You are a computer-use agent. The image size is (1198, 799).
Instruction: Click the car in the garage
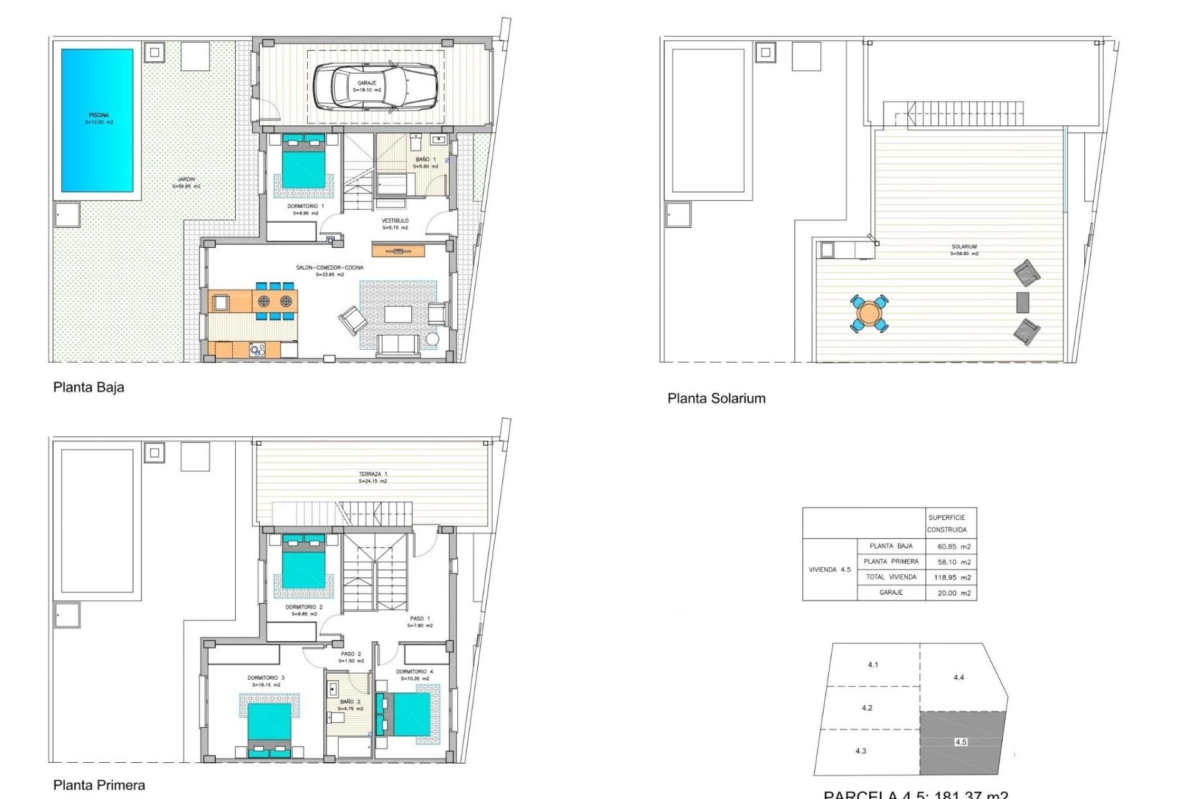(x=374, y=87)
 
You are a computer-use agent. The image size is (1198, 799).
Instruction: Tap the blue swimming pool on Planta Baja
(x=97, y=120)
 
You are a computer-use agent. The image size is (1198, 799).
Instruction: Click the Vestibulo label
(x=395, y=223)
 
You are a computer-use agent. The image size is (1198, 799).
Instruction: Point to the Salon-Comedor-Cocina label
(x=329, y=270)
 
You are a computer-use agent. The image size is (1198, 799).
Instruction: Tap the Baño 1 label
(x=426, y=162)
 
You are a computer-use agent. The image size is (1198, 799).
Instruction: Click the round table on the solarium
(x=869, y=313)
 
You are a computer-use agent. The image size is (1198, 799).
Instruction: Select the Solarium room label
(x=964, y=250)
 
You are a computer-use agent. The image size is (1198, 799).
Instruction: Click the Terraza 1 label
(x=373, y=477)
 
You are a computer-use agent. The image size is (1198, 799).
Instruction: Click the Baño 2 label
(x=350, y=705)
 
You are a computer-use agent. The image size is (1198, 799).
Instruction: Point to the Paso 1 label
(x=420, y=621)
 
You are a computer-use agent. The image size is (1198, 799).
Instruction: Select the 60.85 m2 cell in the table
(x=953, y=546)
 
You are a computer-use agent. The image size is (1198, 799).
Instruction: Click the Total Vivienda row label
(x=890, y=577)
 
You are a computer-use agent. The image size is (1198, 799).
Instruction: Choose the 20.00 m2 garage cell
(x=953, y=593)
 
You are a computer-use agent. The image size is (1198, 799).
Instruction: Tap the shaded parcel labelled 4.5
(x=961, y=742)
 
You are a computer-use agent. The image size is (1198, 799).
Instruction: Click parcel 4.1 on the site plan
(x=873, y=665)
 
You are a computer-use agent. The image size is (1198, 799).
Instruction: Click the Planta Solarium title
(x=716, y=398)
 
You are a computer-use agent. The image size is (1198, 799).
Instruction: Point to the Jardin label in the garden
(x=186, y=182)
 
